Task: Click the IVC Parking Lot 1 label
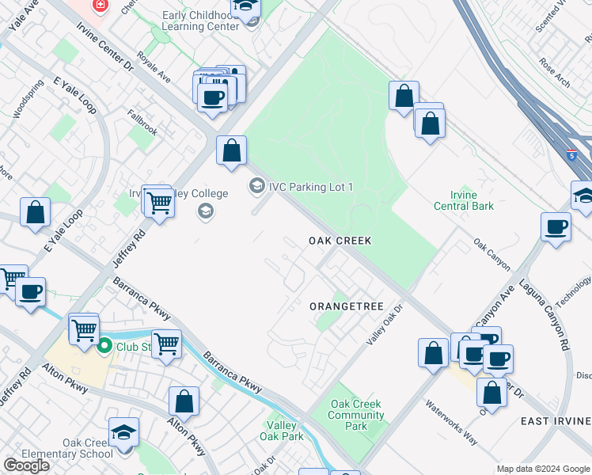click(310, 187)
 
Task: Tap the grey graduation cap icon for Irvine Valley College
click(206, 211)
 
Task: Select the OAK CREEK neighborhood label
click(340, 240)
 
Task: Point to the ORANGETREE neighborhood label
click(346, 306)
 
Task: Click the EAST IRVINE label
click(556, 421)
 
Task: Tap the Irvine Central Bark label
click(464, 201)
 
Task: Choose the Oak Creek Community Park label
click(356, 415)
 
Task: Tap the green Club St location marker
click(104, 346)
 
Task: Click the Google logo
click(26, 465)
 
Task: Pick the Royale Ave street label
click(154, 67)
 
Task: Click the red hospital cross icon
click(100, 6)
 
